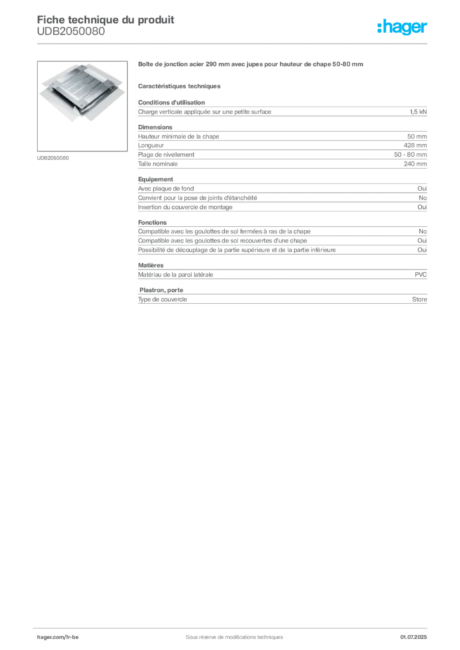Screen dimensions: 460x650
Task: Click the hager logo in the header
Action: [402, 27]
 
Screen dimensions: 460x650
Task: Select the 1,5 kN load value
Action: [418, 112]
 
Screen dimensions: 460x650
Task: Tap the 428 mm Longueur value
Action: [415, 145]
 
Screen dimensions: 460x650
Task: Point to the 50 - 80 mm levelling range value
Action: [410, 155]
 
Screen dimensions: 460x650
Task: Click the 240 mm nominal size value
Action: [415, 164]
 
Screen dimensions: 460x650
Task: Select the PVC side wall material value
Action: [421, 275]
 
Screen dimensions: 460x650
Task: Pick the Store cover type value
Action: [419, 300]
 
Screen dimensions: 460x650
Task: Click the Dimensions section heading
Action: [155, 127]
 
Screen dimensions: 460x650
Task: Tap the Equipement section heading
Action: [156, 180]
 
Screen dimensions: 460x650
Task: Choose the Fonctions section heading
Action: [152, 223]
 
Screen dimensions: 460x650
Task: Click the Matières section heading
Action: [151, 265]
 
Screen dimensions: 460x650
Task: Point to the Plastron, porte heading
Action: [161, 290]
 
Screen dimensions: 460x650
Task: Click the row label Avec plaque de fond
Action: [166, 189]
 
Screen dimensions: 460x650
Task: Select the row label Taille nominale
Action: [158, 164]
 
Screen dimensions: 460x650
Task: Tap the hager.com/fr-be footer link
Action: [58, 637]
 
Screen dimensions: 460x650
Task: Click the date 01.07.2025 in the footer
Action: [414, 637]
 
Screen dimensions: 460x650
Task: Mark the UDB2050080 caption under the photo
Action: [53, 158]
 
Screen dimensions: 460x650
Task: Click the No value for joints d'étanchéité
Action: [423, 198]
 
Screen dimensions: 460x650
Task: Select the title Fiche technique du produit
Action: [105, 20]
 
